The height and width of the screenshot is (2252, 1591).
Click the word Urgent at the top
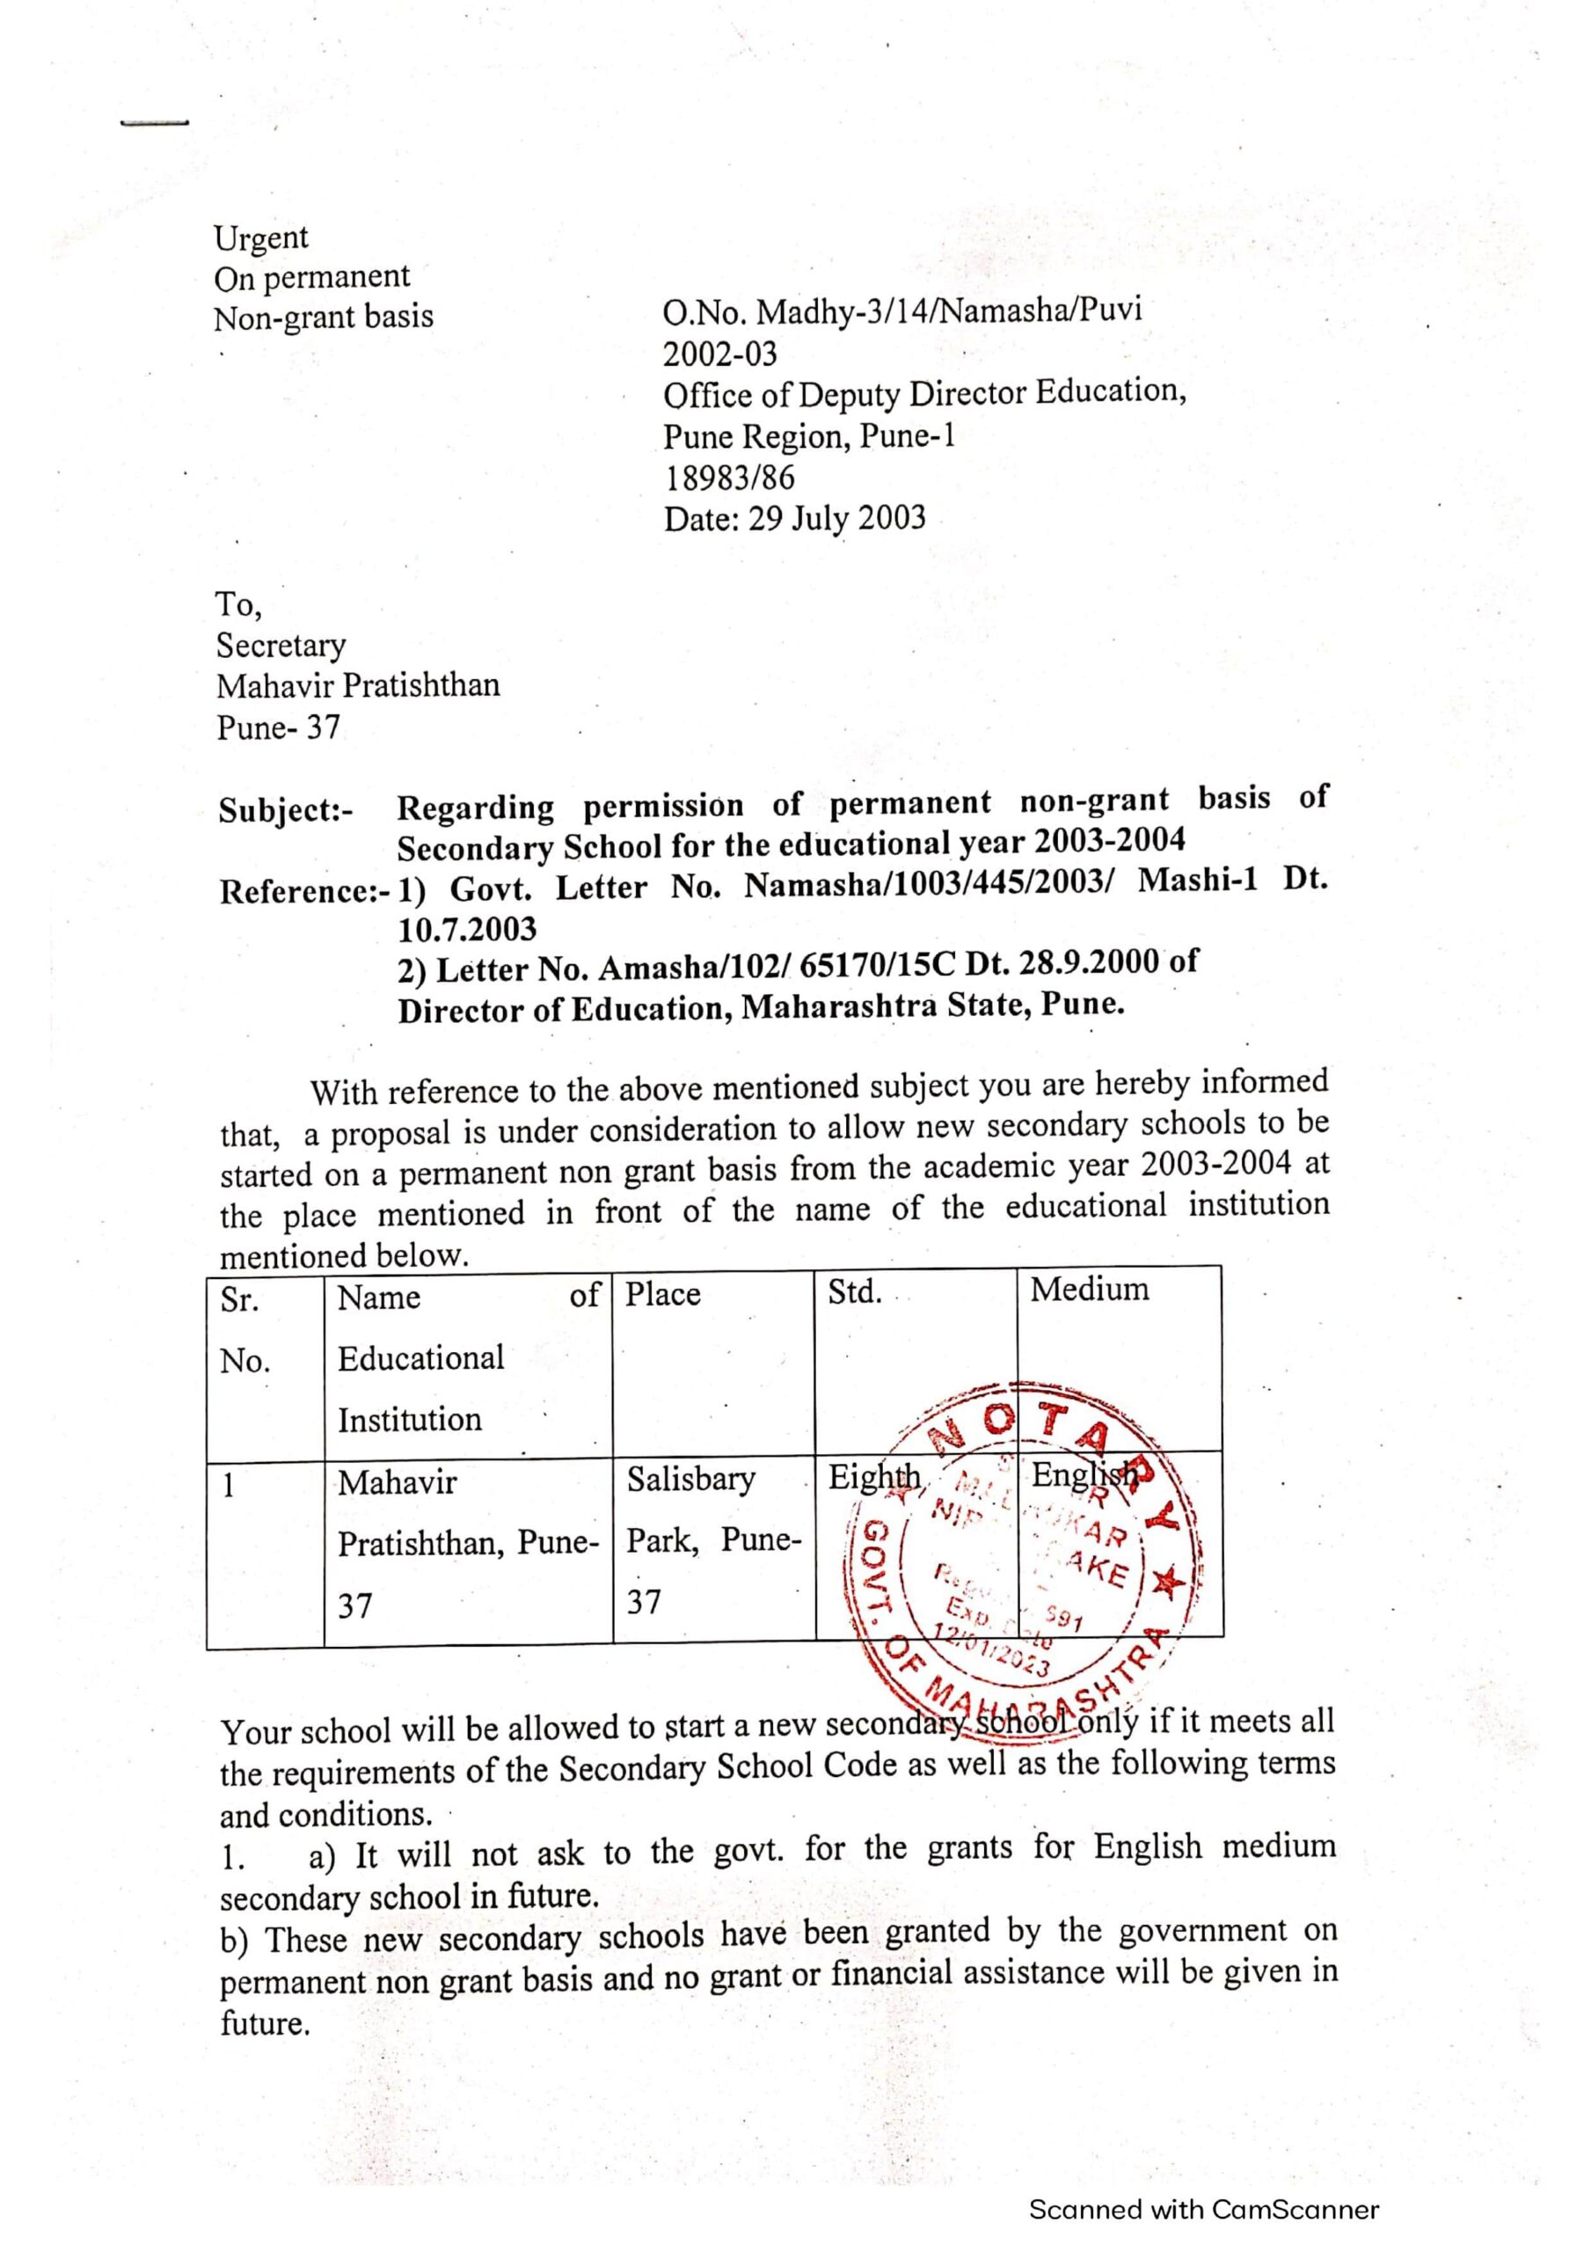click(261, 238)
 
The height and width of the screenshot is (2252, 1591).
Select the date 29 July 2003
click(836, 518)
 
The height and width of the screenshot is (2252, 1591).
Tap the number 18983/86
click(730, 478)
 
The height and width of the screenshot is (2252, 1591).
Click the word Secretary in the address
click(281, 646)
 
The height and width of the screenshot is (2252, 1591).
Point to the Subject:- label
click(286, 811)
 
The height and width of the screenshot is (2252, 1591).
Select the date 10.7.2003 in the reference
click(467, 928)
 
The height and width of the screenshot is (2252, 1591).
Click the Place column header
click(663, 1295)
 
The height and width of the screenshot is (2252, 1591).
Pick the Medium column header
click(1089, 1289)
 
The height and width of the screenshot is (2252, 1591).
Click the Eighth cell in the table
click(874, 1477)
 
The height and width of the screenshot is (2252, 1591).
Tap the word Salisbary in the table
click(690, 1479)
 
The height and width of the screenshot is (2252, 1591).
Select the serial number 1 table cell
click(229, 1487)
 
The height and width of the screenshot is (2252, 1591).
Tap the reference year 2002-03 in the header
click(719, 353)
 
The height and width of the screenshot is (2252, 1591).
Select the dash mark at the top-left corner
click(154, 123)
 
